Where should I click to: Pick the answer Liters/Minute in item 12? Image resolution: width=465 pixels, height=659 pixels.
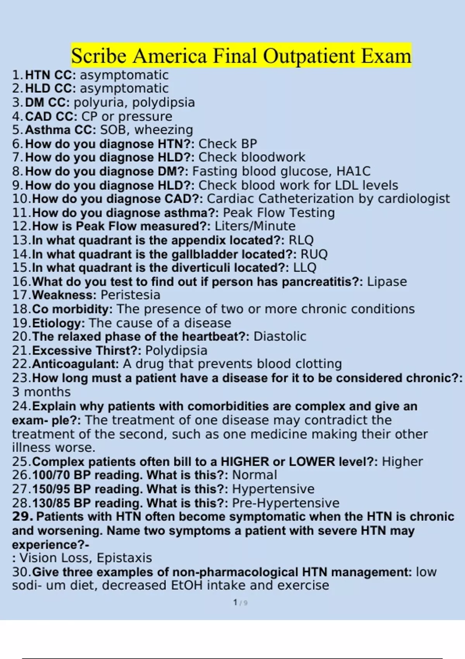pyautogui.click(x=255, y=226)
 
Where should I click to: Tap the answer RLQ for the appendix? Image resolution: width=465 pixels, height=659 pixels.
pyautogui.click(x=301, y=240)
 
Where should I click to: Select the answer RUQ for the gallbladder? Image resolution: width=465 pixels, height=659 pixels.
pyautogui.click(x=314, y=254)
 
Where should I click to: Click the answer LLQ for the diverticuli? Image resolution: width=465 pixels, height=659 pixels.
pyautogui.click(x=305, y=267)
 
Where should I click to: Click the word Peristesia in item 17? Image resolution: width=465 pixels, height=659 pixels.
pyautogui.click(x=130, y=295)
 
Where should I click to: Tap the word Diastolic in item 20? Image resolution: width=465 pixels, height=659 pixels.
pyautogui.click(x=280, y=336)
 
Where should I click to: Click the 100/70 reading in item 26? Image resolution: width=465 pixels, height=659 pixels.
pyautogui.click(x=50, y=475)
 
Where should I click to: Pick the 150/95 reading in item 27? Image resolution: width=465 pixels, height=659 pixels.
pyautogui.click(x=50, y=489)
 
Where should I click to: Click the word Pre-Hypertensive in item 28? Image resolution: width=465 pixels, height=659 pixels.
pyautogui.click(x=286, y=503)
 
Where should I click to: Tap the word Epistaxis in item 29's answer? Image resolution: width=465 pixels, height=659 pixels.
pyautogui.click(x=124, y=558)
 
